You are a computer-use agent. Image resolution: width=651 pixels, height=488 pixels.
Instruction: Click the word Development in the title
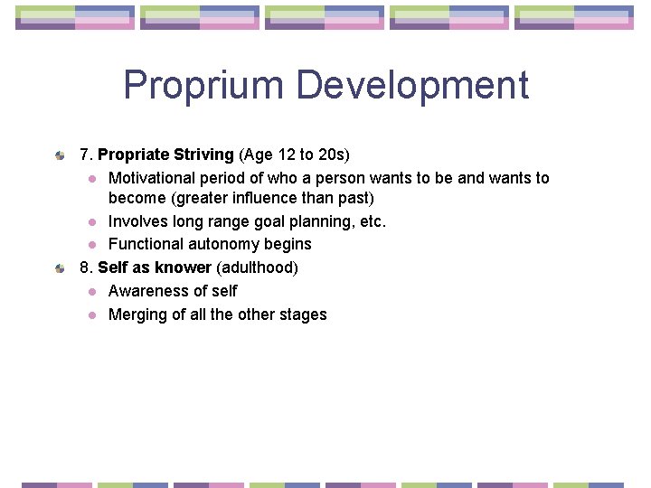pyautogui.click(x=411, y=86)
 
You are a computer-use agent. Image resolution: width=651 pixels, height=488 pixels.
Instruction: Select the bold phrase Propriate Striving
pyautogui.click(x=165, y=155)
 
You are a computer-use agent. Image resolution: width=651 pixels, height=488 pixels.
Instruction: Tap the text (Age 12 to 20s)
pyautogui.click(x=294, y=155)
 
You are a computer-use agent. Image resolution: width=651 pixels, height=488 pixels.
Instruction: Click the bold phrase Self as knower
pyautogui.click(x=155, y=267)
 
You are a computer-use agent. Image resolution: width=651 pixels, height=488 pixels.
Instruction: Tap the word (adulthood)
pyautogui.click(x=257, y=267)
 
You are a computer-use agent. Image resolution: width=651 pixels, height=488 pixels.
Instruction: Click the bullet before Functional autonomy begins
pyautogui.click(x=92, y=245)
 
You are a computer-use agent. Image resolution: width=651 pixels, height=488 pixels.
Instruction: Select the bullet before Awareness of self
pyautogui.click(x=92, y=292)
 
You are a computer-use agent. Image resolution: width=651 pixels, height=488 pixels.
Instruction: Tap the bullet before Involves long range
pyautogui.click(x=92, y=222)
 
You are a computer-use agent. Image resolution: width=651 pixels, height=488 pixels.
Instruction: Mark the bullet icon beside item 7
pyautogui.click(x=59, y=155)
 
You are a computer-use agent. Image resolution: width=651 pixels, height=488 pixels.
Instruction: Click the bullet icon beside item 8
pyautogui.click(x=59, y=268)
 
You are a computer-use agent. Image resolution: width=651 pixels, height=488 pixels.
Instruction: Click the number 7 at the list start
pyautogui.click(x=85, y=155)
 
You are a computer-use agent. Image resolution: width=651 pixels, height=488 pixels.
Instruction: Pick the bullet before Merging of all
pyautogui.click(x=92, y=315)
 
